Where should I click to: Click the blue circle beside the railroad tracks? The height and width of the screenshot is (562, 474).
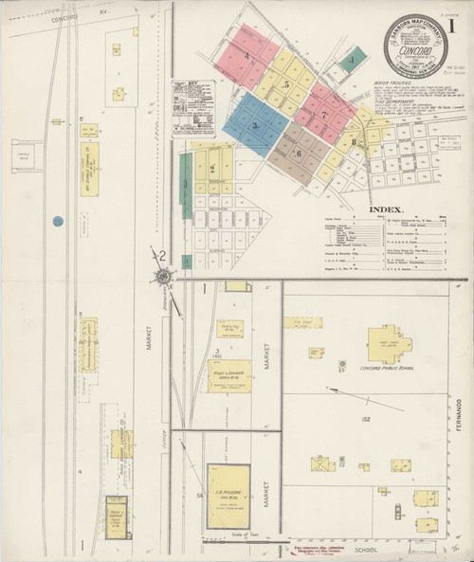tap(57, 221)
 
